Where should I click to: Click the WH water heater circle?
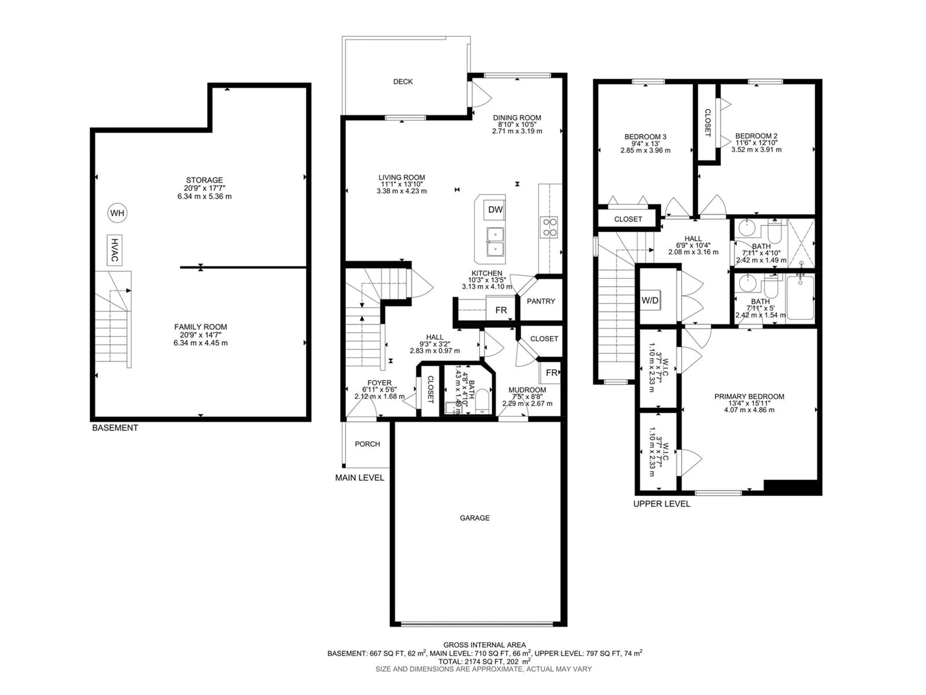click(x=117, y=213)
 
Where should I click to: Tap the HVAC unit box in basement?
click(x=114, y=250)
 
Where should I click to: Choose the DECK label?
click(x=403, y=82)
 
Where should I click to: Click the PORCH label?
click(x=367, y=444)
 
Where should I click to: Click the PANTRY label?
click(x=541, y=301)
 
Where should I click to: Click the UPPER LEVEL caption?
click(x=661, y=504)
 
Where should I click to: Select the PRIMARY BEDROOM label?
click(x=749, y=396)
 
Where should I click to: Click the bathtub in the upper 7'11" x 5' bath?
click(x=800, y=298)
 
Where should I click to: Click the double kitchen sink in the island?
click(x=495, y=242)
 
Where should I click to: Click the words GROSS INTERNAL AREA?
click(x=484, y=645)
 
